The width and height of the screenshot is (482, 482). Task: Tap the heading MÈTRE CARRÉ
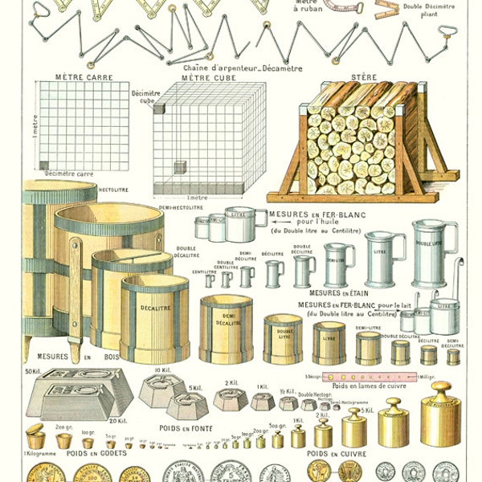[x=84, y=77]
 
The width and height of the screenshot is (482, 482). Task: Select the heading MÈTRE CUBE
[x=208, y=77]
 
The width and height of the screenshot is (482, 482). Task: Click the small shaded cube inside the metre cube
[x=181, y=166]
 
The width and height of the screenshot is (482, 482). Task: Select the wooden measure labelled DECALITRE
[x=154, y=318]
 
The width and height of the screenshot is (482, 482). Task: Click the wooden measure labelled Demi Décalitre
[x=226, y=329]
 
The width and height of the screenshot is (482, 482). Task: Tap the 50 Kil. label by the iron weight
[x=34, y=371]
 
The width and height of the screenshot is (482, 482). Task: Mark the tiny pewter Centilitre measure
[x=210, y=280]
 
